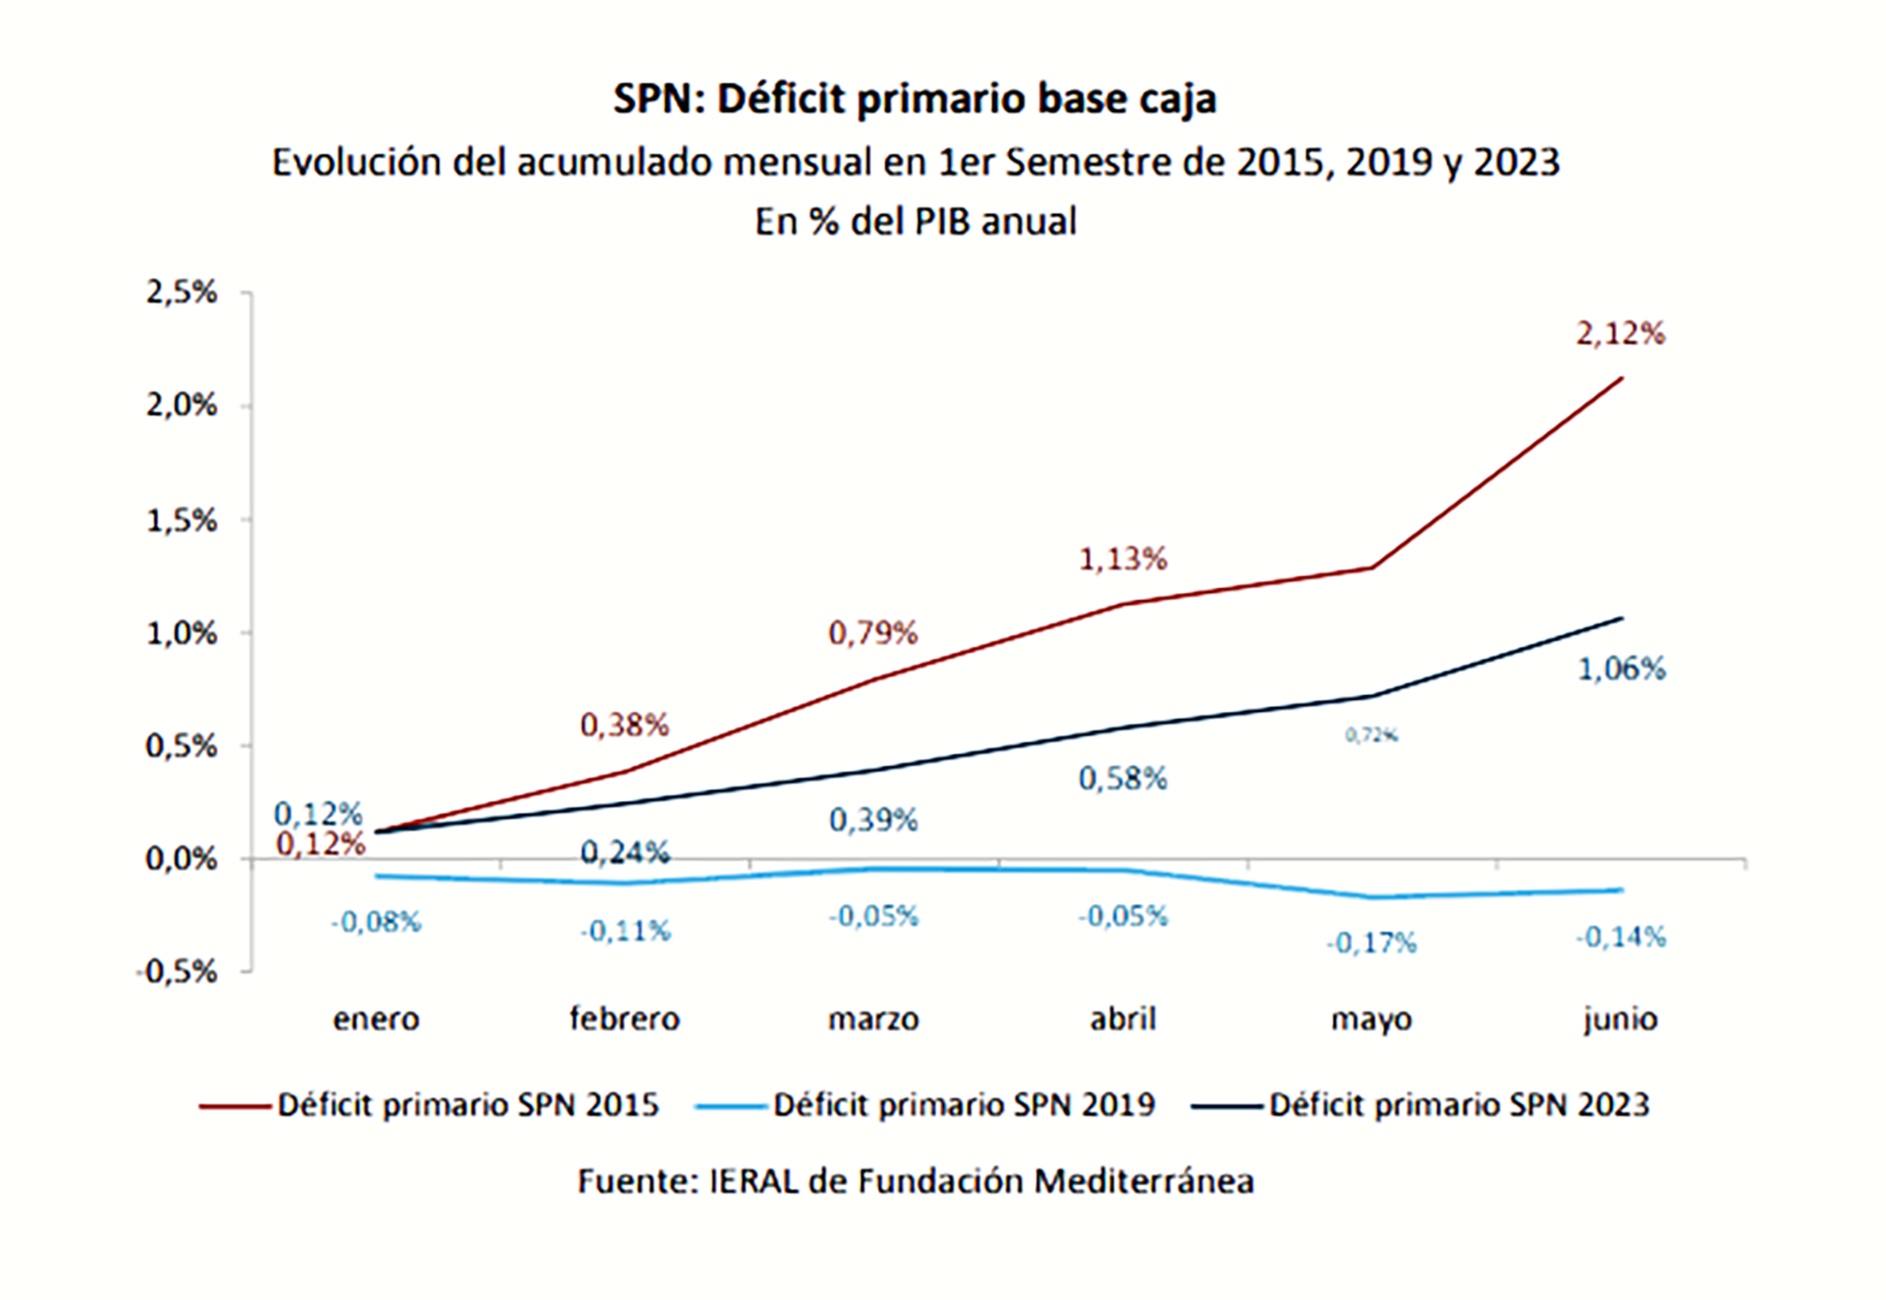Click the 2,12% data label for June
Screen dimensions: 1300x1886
[1621, 334]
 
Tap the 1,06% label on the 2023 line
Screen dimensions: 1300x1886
[1622, 670]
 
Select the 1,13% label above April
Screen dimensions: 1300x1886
[1123, 560]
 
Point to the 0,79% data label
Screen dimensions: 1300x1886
[873, 633]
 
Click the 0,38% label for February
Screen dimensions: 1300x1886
[625, 726]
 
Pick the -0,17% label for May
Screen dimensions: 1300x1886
[1371, 944]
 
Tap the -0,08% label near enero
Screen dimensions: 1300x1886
[376, 923]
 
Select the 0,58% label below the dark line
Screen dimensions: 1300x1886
[1123, 780]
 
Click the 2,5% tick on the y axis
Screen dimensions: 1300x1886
[182, 293]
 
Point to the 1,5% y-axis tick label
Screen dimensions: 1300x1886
[182, 520]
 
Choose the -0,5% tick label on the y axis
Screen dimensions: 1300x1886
[177, 972]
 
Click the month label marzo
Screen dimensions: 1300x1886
[873, 1019]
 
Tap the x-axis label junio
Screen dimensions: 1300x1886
[1621, 1019]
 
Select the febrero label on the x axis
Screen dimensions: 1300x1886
[625, 1019]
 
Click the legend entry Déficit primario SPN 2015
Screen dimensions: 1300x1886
[468, 1106]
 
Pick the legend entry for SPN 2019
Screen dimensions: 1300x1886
[964, 1106]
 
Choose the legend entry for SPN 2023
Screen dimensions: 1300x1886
[1459, 1106]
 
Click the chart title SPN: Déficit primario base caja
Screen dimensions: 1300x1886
[915, 99]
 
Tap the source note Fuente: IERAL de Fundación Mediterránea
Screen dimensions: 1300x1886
[915, 1181]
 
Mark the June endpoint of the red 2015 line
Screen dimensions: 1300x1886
[1622, 378]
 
